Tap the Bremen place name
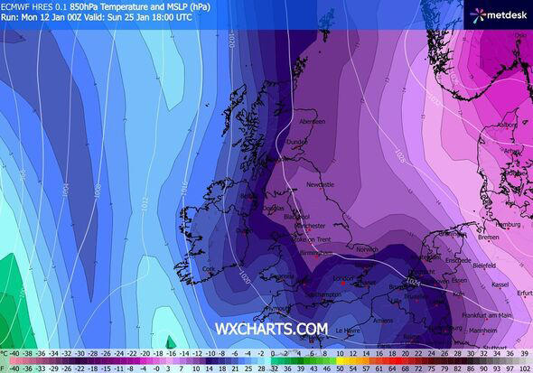[489, 238]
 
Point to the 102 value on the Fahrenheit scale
[523, 368]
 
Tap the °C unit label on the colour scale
[5, 354]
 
